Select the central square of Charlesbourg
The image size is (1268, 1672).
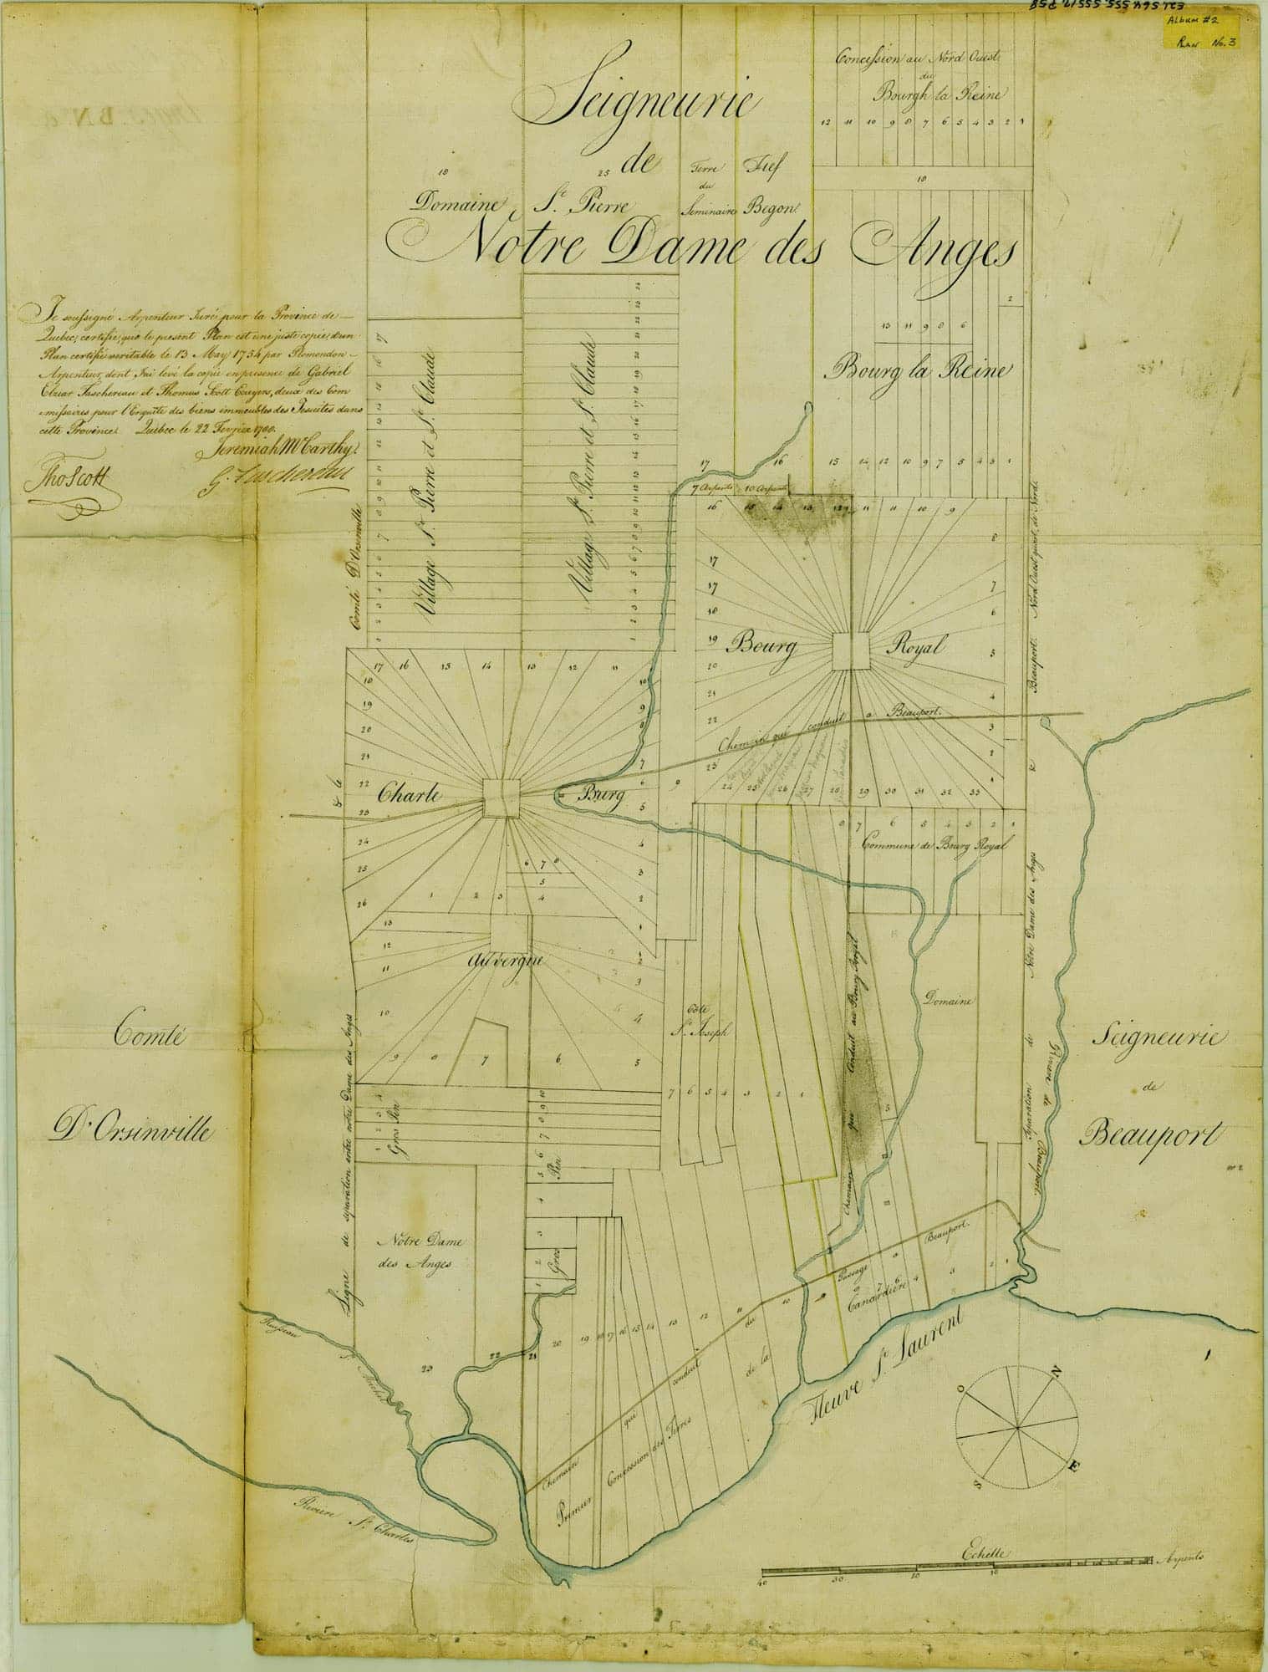(502, 798)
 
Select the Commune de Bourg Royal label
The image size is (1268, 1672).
(934, 844)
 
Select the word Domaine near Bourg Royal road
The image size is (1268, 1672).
(947, 998)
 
